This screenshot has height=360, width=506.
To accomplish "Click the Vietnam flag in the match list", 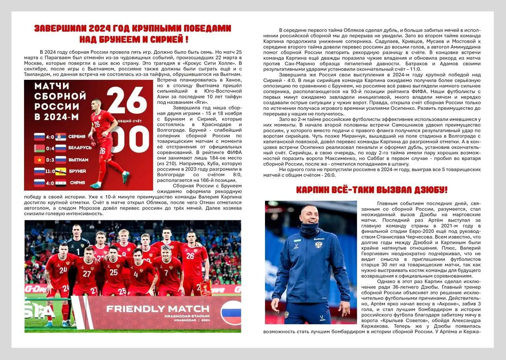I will [39, 160].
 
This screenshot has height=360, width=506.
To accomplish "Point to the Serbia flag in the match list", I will [61, 137].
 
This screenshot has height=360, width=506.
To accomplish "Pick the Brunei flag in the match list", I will [61, 172].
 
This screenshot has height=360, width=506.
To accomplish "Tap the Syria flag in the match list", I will [61, 183].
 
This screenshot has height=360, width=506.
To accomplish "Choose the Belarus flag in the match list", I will [39, 148].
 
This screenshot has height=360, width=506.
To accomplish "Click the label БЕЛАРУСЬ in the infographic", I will [80, 148].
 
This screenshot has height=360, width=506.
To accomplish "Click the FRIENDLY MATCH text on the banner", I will [158, 308].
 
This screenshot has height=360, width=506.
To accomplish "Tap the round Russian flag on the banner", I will [231, 312].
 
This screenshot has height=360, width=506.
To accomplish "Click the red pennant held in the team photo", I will [206, 288].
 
